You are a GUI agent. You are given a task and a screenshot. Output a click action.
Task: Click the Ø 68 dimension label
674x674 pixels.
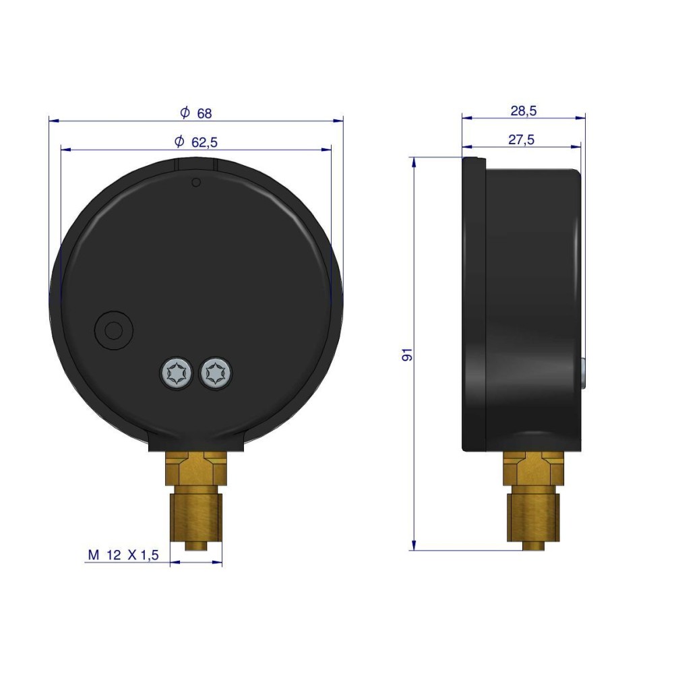pyautogui.click(x=196, y=113)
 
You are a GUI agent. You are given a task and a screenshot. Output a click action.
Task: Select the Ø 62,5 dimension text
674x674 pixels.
pyautogui.click(x=196, y=142)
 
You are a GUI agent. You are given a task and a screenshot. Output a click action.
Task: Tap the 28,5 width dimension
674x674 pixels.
pyautogui.click(x=524, y=111)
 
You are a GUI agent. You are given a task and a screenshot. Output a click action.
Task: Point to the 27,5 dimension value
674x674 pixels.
pyautogui.click(x=522, y=140)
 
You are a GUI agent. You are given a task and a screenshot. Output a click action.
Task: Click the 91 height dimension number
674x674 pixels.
pyautogui.click(x=407, y=355)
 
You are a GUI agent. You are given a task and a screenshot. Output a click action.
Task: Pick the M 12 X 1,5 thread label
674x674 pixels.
pyautogui.click(x=123, y=555)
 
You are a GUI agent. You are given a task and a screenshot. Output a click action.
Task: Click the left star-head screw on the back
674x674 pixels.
pyautogui.click(x=176, y=373)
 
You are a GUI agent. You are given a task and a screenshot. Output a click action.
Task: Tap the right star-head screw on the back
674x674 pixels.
pyautogui.click(x=216, y=373)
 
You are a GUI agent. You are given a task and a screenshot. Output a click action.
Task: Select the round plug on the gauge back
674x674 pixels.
pyautogui.click(x=113, y=330)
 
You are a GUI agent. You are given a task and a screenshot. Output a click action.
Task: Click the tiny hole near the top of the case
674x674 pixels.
pyautogui.click(x=196, y=183)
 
